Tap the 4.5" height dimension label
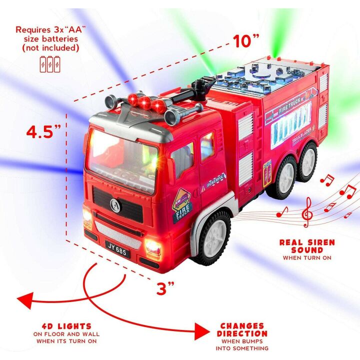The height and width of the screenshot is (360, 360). click(x=44, y=132)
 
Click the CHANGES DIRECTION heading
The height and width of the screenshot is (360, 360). click(x=243, y=329)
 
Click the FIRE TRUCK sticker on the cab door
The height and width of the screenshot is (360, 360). click(x=182, y=207)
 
